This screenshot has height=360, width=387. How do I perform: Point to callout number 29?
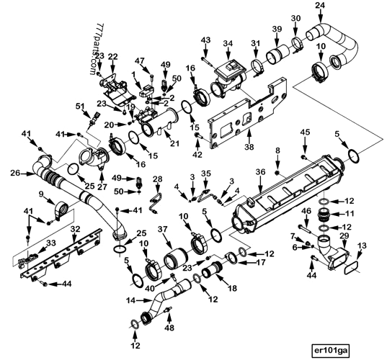point(344,236)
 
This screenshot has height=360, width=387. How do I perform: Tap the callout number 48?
point(169,328)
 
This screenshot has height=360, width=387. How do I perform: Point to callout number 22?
point(113,57)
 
